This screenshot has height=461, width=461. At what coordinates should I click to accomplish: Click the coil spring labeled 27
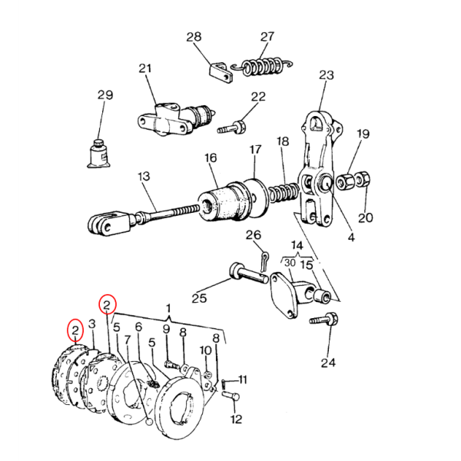tap(261, 67)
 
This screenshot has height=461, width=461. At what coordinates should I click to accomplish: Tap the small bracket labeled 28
tap(221, 73)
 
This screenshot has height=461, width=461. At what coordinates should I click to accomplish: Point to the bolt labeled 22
tap(232, 128)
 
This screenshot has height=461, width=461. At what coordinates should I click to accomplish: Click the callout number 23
tap(326, 75)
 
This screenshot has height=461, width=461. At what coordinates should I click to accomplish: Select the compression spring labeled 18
tap(284, 192)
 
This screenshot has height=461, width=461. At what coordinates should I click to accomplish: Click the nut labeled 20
tap(363, 179)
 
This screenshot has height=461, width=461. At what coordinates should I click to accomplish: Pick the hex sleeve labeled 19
tap(346, 182)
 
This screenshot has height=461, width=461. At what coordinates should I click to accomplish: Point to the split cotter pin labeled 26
tap(264, 260)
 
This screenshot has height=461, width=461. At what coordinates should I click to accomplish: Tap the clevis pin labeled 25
tap(248, 273)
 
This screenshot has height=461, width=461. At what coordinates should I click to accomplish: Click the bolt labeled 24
tap(324, 320)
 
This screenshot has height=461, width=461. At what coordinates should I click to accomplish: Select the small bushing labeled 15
tap(322, 296)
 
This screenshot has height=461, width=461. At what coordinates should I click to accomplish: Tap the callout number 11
tap(243, 380)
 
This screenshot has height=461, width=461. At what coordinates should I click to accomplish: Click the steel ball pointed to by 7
tap(149, 422)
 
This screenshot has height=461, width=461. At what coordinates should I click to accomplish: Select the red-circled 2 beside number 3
tap(75, 330)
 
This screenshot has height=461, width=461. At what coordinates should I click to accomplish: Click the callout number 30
tap(290, 263)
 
